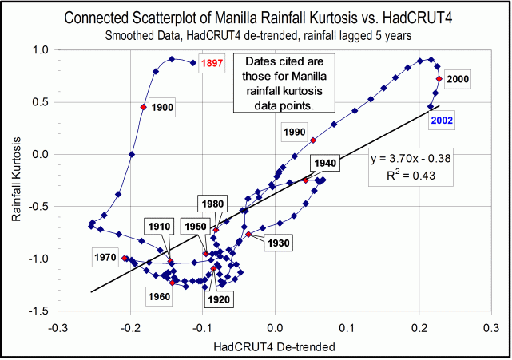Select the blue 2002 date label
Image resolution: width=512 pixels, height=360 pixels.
click(444, 120)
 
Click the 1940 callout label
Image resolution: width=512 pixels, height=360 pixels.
click(325, 163)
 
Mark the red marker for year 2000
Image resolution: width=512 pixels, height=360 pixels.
click(439, 79)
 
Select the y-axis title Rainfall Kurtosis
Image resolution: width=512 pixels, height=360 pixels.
click(14, 180)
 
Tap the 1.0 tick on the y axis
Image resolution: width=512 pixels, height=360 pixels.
click(38, 49)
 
